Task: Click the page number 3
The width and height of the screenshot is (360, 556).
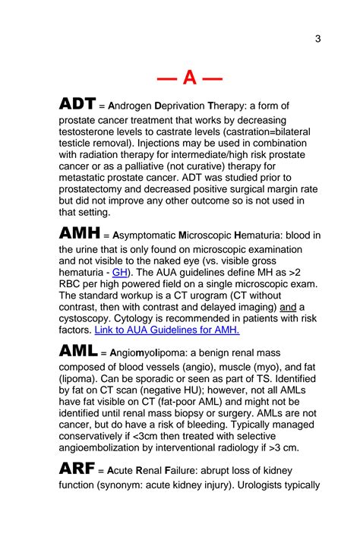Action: click(x=317, y=39)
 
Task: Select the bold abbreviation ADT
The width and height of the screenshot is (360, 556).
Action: click(x=78, y=105)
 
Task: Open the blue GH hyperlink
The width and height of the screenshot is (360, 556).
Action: click(x=119, y=272)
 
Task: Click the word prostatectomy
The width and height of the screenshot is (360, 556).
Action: click(x=99, y=188)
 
